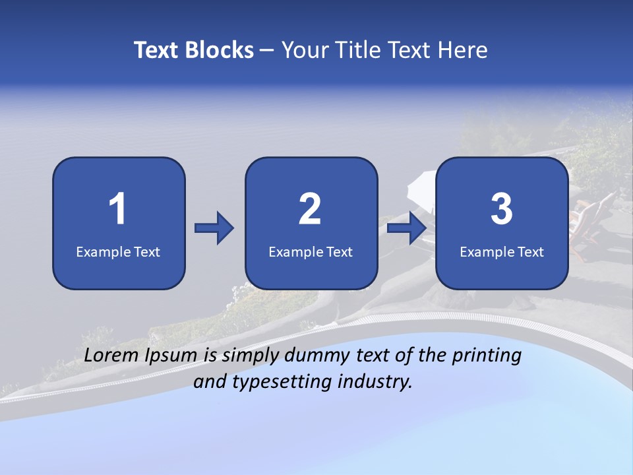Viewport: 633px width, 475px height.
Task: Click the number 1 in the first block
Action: (x=118, y=209)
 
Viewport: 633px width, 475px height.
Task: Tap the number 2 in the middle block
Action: (x=310, y=209)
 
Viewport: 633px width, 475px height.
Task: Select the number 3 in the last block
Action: (x=502, y=209)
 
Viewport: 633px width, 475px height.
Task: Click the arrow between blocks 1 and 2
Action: (x=214, y=228)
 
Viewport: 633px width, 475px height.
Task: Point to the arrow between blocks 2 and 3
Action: (x=407, y=228)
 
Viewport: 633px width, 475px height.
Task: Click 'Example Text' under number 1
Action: (x=118, y=251)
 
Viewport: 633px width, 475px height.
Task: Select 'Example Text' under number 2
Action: (x=311, y=251)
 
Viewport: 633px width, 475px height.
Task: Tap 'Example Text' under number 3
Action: (x=502, y=251)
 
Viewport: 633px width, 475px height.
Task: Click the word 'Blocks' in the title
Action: (x=219, y=50)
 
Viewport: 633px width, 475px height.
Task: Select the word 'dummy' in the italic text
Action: (x=315, y=356)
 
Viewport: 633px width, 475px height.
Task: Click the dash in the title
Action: (x=267, y=50)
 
